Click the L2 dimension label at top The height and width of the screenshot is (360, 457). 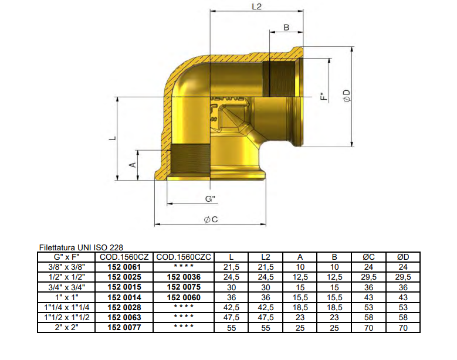pyautogui.click(x=257, y=6)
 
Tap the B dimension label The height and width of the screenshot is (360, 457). pyautogui.click(x=286, y=28)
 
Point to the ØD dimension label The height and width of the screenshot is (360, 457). pyautogui.click(x=347, y=96)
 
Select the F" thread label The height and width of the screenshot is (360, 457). pyautogui.click(x=324, y=96)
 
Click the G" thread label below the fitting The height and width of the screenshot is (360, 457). pyautogui.click(x=210, y=199)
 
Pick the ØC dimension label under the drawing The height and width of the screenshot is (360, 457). pyautogui.click(x=211, y=219)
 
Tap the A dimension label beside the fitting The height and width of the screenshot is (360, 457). pyautogui.click(x=133, y=165)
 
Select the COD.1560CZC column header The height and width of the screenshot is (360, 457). pyautogui.click(x=184, y=257)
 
